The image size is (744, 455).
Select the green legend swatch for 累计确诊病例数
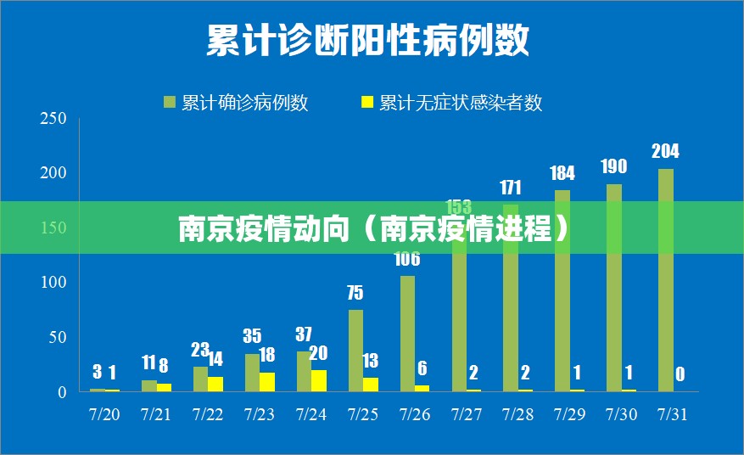(x=170, y=103)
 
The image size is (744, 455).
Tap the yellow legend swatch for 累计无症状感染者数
(x=367, y=103)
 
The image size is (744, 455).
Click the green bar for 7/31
(x=666, y=280)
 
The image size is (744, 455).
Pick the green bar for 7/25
(x=355, y=350)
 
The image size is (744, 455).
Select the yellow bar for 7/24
(x=318, y=380)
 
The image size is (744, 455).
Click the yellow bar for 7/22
(x=215, y=384)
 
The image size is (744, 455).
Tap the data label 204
(x=665, y=151)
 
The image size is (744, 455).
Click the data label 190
(x=613, y=166)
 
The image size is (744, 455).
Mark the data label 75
(x=355, y=293)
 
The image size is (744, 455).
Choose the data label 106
(x=407, y=259)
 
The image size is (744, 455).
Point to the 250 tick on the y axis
(x=53, y=119)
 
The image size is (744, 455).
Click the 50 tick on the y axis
(x=57, y=337)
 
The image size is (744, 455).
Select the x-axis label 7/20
(x=104, y=415)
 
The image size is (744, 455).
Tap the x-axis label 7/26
(x=415, y=415)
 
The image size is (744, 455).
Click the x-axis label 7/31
(x=674, y=415)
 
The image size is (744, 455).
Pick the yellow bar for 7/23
(x=267, y=382)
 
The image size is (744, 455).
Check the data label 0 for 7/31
(x=680, y=374)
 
